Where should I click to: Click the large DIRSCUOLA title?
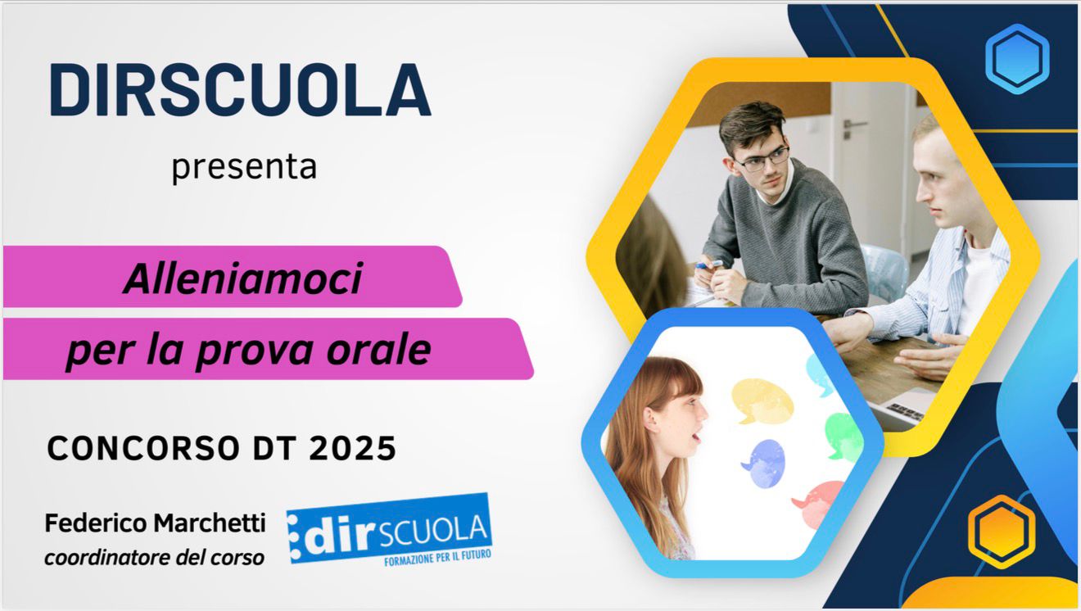click(240, 89)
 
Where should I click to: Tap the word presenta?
click(244, 167)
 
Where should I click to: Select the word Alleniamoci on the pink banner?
click(242, 280)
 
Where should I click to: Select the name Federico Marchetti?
click(155, 523)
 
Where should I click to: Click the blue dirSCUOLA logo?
click(390, 532)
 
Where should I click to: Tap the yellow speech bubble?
click(762, 399)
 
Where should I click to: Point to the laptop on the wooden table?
click(909, 405)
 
